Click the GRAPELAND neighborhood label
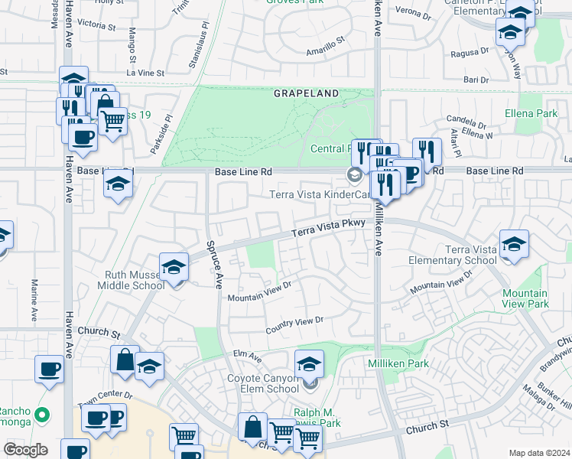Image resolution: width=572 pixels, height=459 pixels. tap(306, 93)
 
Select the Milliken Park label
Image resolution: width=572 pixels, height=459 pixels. tap(398, 363)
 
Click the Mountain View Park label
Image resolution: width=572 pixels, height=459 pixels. tap(525, 298)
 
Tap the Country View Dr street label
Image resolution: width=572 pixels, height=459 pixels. tap(294, 325)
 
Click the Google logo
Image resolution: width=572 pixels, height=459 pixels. tap(24, 449)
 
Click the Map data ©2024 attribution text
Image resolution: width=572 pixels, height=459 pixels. tap(538, 453)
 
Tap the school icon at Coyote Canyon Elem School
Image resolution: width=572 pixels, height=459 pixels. tap(309, 363)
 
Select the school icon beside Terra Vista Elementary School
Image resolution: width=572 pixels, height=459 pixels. tap(515, 244)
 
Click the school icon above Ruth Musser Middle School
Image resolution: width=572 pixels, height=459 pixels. tap(174, 267)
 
